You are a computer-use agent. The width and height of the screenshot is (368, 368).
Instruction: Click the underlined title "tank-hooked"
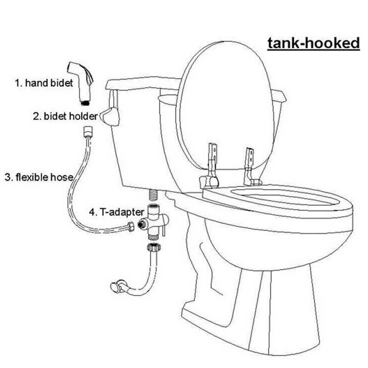point(314,43)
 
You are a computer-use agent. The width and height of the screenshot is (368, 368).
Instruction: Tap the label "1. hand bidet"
point(44,83)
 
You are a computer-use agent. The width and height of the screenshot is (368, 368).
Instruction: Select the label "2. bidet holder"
point(65,116)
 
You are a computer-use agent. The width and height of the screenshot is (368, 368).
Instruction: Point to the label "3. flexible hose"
point(39,177)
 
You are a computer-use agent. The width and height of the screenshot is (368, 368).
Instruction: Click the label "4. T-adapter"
point(117,212)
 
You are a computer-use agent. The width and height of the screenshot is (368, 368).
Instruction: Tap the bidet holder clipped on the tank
point(110,117)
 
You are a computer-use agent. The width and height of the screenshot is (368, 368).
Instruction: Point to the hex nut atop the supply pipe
point(154,247)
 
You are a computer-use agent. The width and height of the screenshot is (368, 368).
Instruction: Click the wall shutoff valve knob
point(114,287)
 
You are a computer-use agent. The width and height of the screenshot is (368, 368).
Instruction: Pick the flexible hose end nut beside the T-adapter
point(131,227)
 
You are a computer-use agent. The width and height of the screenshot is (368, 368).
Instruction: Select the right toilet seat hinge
point(250,167)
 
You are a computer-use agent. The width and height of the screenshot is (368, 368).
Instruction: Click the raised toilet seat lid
point(225,105)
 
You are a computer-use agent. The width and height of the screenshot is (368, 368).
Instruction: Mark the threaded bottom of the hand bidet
point(85,103)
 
